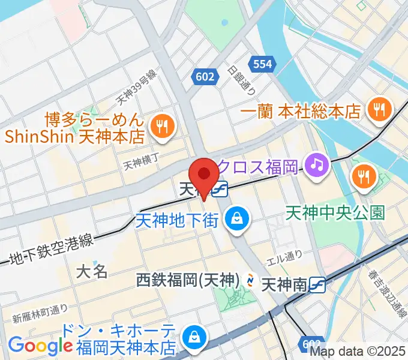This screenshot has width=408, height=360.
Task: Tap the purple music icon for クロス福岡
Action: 315,164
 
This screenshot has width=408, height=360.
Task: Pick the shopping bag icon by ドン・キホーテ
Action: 194,337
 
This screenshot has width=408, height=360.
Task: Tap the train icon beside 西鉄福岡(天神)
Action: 252,280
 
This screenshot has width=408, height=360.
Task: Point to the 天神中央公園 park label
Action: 335,212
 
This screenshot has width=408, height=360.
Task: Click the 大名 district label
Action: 92,271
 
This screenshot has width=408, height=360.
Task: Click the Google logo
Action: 40,346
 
